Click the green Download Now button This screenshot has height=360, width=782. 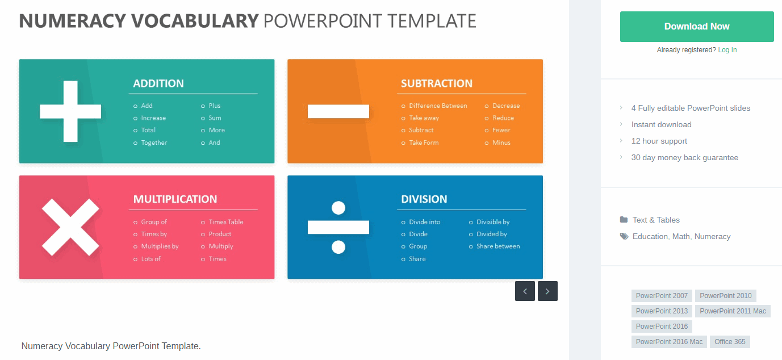(697, 27)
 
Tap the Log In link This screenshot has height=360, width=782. (727, 50)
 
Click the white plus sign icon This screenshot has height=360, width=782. (70, 111)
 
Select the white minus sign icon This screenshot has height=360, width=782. (338, 111)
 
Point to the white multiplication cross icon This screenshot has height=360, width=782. (70, 227)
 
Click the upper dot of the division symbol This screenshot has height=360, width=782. (338, 208)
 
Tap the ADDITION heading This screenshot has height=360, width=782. (158, 83)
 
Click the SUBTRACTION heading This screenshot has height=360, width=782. (437, 83)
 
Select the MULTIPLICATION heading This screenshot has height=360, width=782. (175, 199)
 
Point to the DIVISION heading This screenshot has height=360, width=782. (424, 199)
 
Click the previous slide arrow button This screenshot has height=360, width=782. (525, 291)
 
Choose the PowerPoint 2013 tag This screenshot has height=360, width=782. (662, 311)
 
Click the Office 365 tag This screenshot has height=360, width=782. (730, 342)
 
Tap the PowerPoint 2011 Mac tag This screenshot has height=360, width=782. (733, 311)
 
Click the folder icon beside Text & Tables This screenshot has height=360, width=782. (624, 220)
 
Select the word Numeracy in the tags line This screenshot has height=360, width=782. (713, 236)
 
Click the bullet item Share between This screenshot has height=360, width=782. (498, 246)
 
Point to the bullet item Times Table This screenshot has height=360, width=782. (226, 221)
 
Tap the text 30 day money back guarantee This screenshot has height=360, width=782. (684, 157)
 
